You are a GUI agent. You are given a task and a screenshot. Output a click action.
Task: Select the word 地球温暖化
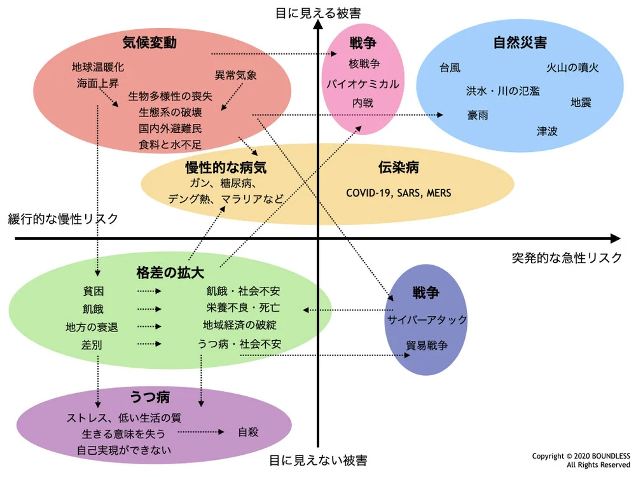point(98,66)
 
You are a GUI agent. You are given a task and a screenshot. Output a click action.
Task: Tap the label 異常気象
point(236,75)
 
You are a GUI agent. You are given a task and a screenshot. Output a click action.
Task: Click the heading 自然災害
point(520,43)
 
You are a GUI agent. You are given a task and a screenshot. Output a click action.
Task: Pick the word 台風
point(450,67)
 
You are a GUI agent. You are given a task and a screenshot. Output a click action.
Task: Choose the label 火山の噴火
point(572,67)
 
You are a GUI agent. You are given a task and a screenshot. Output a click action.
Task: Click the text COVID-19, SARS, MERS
point(398,192)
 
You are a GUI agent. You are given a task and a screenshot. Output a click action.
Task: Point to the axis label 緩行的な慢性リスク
point(63,219)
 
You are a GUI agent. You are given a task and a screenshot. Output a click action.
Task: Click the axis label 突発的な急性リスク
point(567,258)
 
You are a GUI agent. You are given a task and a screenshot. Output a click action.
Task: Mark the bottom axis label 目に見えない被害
point(317,460)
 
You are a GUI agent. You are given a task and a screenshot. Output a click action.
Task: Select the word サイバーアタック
point(427,319)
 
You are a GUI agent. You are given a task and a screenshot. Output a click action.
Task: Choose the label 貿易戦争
point(427,345)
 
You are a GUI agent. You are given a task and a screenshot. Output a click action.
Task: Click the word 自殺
point(248,432)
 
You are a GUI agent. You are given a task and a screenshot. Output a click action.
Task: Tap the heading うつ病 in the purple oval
point(150,398)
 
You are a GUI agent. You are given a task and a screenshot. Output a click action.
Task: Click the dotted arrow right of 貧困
point(149,291)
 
